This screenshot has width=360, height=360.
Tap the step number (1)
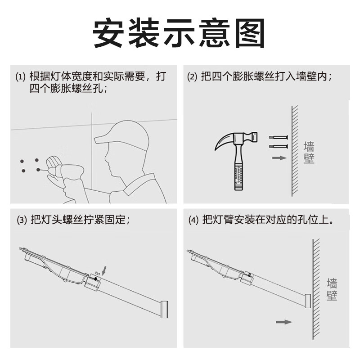[x=21, y=77]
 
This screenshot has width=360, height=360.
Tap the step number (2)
[x=192, y=77]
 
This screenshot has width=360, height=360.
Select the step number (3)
[x=22, y=220]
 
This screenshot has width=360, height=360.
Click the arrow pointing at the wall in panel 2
[x=279, y=158]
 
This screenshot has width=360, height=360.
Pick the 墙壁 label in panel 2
[x=309, y=153]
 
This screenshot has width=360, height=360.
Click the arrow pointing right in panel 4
[x=283, y=322]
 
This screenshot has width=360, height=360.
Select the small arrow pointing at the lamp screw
[x=105, y=270]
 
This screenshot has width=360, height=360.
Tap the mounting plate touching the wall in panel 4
[x=307, y=301]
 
